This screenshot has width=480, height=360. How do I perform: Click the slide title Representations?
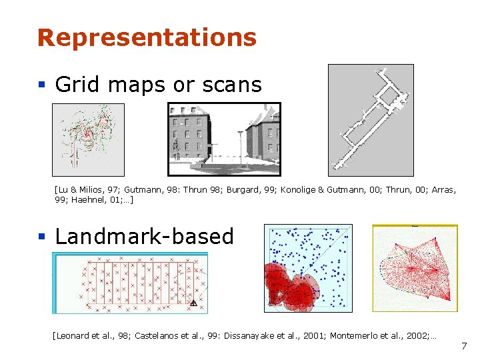147,37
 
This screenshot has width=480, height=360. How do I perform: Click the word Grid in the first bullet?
72,85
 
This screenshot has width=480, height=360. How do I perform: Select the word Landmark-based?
144,237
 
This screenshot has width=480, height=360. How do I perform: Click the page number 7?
464,346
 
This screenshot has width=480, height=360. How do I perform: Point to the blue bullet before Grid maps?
41,85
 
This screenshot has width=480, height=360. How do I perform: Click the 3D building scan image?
224,139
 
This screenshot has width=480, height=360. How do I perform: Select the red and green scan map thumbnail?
88,139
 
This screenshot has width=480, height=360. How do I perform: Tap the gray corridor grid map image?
371,120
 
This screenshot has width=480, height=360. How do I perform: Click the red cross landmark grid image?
130,283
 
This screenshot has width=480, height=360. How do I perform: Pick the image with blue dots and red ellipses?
308,268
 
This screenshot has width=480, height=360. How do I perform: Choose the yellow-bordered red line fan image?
415,268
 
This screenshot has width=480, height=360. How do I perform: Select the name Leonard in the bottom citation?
73,335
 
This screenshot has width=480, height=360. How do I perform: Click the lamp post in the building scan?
239,147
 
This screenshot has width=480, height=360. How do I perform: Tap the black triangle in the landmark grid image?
193,303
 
